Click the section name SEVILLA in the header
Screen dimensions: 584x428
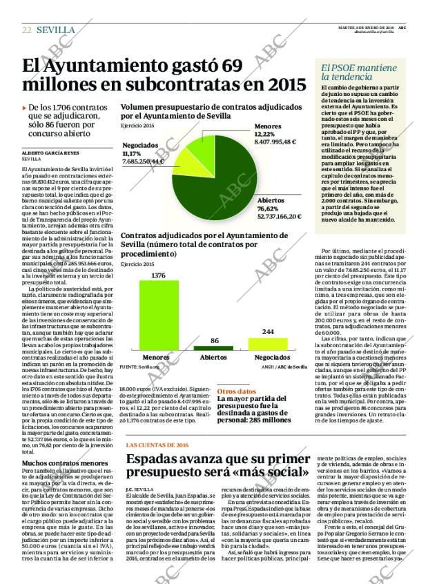(56, 30)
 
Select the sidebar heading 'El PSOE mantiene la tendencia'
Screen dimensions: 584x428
(359, 73)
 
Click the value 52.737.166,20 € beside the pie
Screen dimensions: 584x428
(280, 216)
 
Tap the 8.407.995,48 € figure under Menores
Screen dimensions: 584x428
(284, 142)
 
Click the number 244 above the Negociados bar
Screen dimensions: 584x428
(267, 332)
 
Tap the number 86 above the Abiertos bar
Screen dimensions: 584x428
(214, 341)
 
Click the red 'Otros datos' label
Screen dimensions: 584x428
(233, 391)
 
